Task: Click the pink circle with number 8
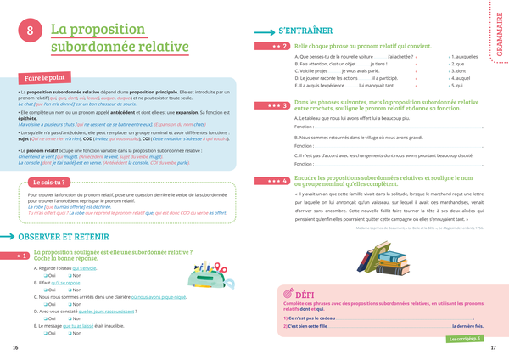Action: click(31, 31)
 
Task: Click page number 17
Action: click(494, 348)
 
